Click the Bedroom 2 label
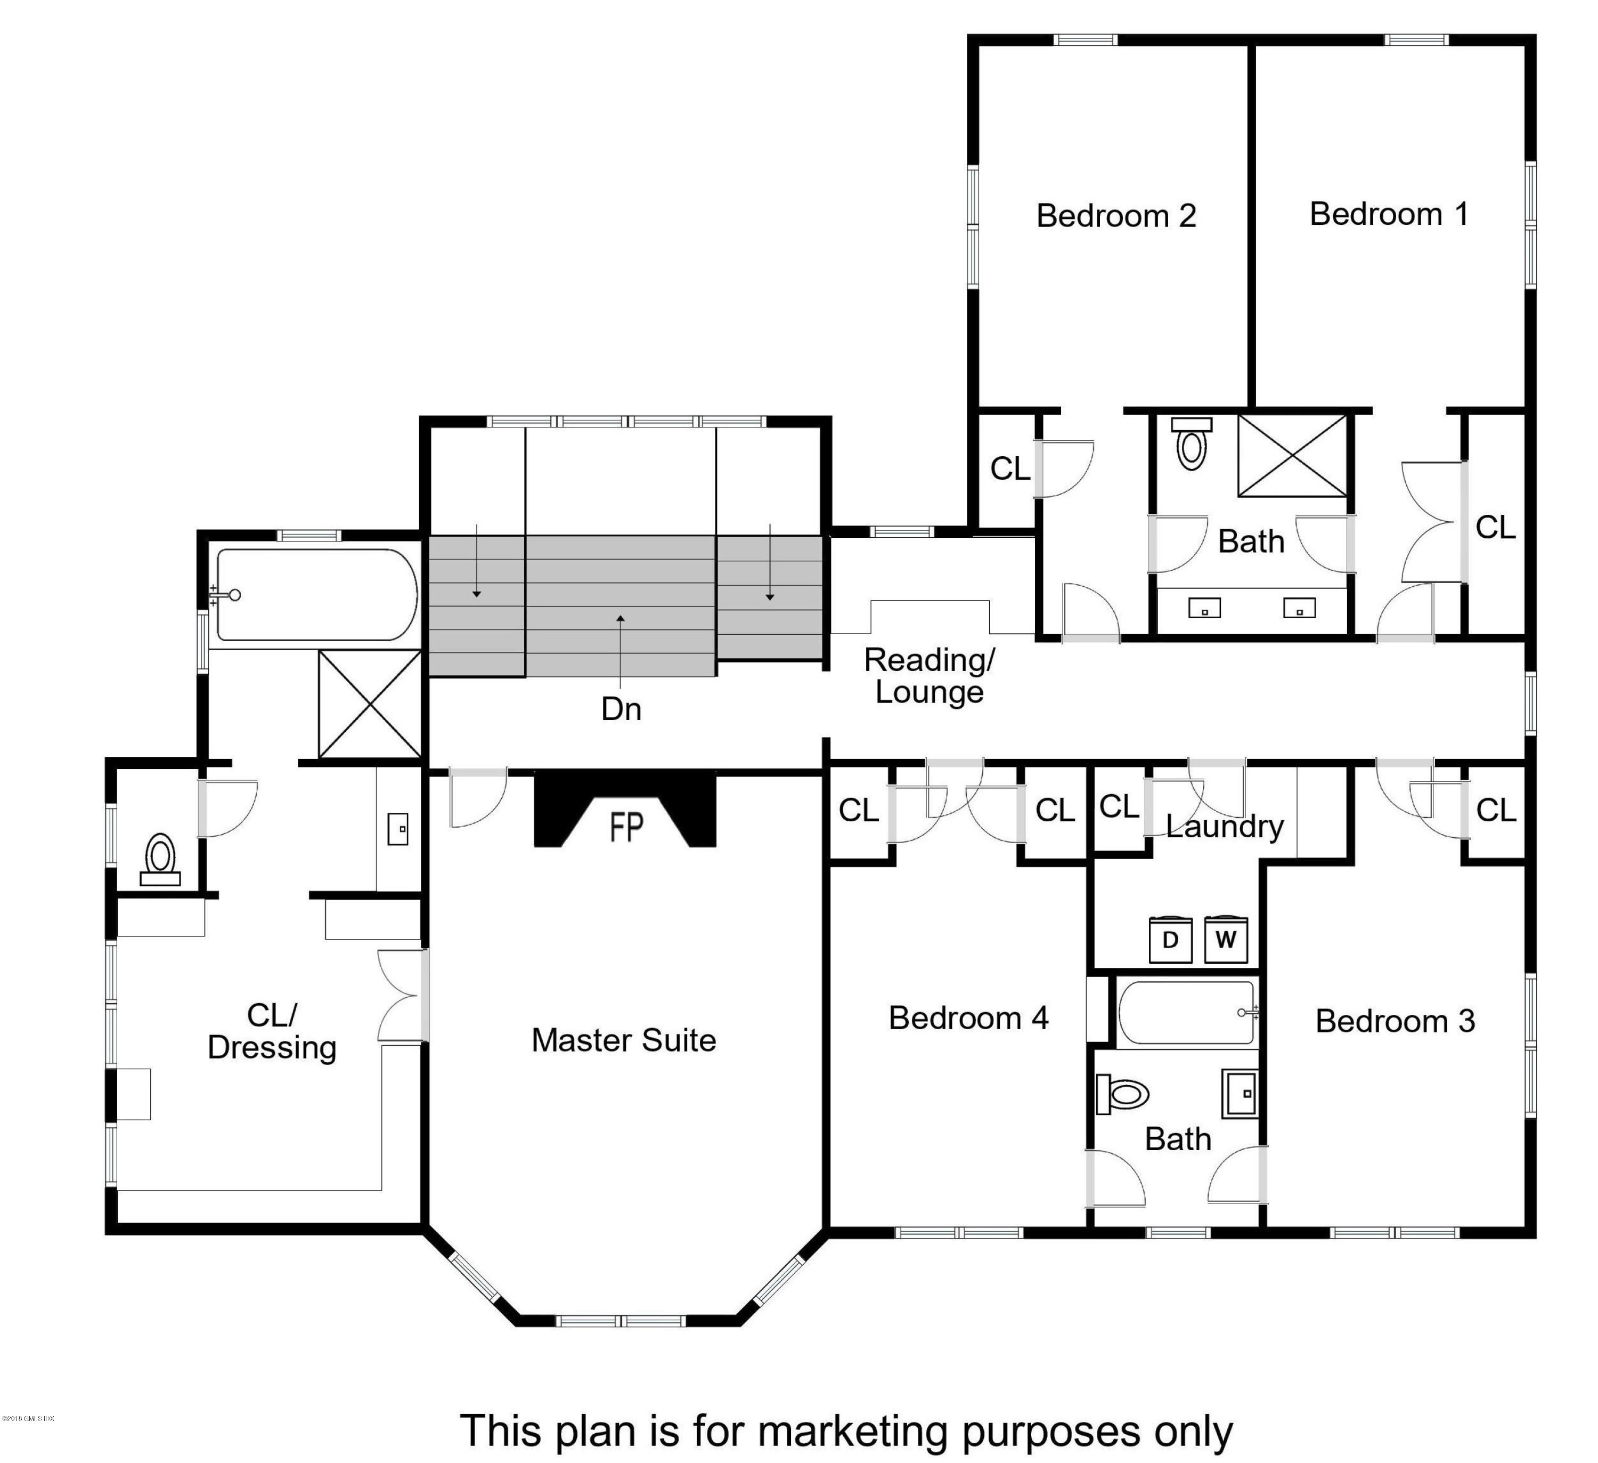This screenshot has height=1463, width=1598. pos(1115,216)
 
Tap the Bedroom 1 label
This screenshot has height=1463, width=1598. pos(1388,214)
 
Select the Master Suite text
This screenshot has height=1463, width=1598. pos(623,1040)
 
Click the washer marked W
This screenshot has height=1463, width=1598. pos(1226,941)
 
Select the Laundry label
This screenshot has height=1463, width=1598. pos(1224,826)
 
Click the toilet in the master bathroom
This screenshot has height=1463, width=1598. pos(161,857)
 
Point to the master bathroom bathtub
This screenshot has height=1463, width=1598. pos(317,595)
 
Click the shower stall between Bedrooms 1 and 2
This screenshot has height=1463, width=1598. pos(1292,456)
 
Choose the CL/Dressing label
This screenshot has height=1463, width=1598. pos(272,1032)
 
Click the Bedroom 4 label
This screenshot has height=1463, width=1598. pos(968,1018)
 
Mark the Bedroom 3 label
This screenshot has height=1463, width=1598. pos(1395,1021)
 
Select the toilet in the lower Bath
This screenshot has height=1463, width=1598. pos(1124,1094)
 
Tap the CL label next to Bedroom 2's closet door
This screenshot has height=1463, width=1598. pos(1010,468)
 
